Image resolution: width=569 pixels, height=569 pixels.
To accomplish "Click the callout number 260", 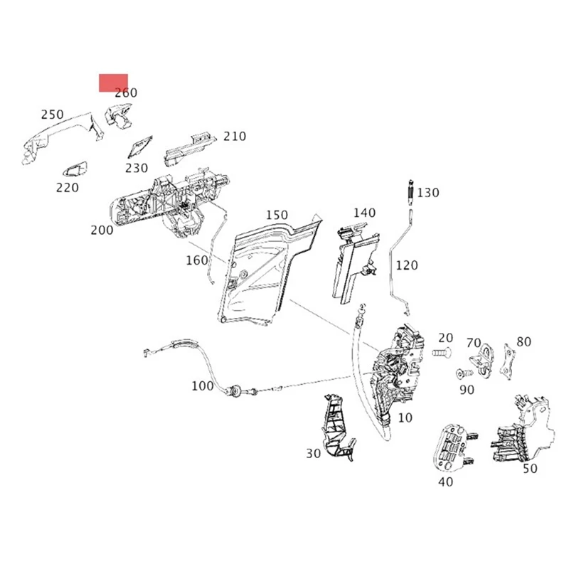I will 126,92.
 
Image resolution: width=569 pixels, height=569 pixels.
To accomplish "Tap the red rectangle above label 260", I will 113,83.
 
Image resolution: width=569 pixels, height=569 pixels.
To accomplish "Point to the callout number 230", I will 137,169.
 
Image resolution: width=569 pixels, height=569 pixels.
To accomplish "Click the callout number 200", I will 102,230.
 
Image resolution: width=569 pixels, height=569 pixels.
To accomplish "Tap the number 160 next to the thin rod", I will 197,260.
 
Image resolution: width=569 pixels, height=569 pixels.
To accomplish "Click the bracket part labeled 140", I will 353,260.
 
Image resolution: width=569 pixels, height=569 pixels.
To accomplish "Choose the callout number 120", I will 408,265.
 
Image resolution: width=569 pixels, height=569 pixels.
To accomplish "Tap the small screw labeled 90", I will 463,373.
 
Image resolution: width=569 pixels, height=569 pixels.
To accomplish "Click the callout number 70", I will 474,343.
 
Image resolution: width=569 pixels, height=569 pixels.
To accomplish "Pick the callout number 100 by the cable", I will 203,386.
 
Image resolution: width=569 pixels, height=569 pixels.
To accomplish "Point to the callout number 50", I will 529,469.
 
